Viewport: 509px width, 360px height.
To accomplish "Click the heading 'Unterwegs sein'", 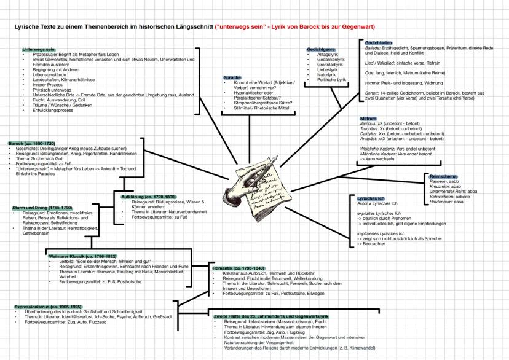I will coord(38,49).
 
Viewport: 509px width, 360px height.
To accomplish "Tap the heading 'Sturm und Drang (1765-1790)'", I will coord(42,208).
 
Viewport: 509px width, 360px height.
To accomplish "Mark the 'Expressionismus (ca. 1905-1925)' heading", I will coord(47,306).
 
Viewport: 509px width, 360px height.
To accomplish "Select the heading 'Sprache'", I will coord(232,77).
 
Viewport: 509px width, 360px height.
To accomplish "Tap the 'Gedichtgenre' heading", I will coord(320,49).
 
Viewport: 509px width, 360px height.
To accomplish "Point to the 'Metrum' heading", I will coord(368,118).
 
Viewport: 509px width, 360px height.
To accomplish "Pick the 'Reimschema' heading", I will coord(438,176).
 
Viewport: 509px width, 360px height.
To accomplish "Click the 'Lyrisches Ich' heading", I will coord(371,197).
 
